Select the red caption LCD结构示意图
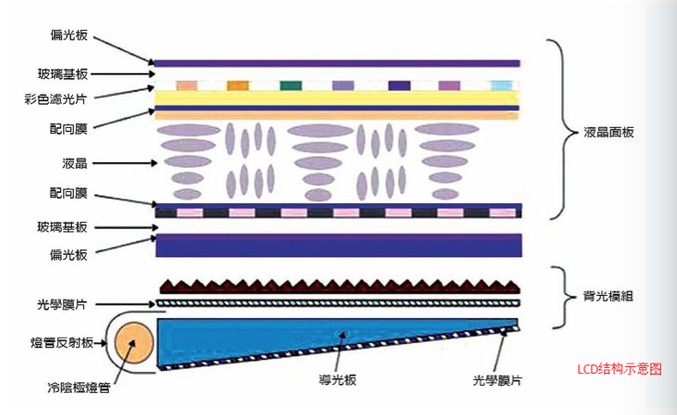(620, 369)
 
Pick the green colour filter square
(291, 86)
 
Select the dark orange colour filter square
(238, 86)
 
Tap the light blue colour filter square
(501, 86)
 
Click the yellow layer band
(338, 99)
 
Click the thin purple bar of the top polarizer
(338, 63)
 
